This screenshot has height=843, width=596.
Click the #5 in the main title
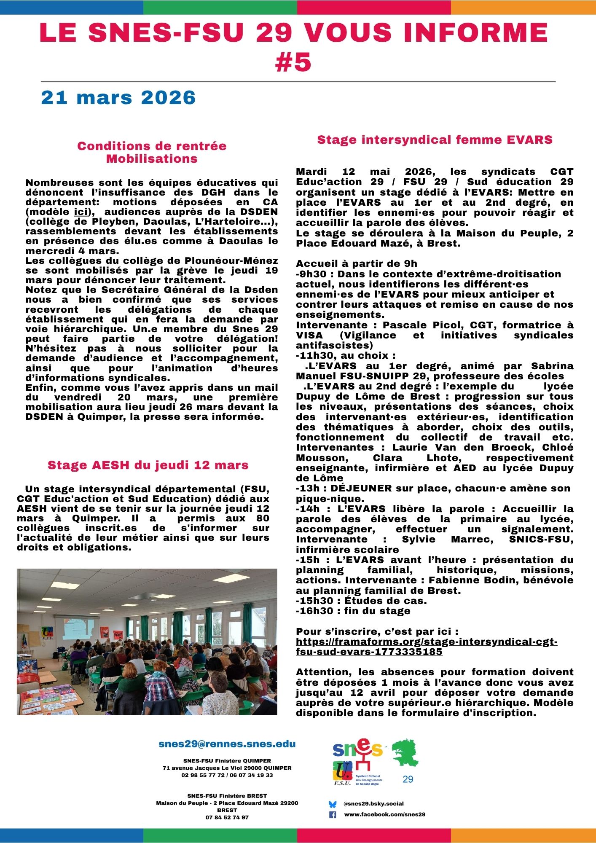coord(293,62)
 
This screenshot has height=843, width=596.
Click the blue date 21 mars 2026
coord(118,98)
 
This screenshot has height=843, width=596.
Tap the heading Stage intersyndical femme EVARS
coord(435,140)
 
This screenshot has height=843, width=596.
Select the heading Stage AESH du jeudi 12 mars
coord(148,465)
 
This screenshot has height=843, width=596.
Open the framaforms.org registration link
coord(426,647)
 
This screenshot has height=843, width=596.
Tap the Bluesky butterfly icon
coord(333,804)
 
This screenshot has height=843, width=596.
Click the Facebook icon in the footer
coord(333,815)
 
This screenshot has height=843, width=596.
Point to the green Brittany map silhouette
coord(405,753)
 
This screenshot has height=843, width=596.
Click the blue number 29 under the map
coord(408,779)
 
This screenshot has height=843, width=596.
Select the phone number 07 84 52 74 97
coord(227,818)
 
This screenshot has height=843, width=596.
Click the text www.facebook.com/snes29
coord(384,815)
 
